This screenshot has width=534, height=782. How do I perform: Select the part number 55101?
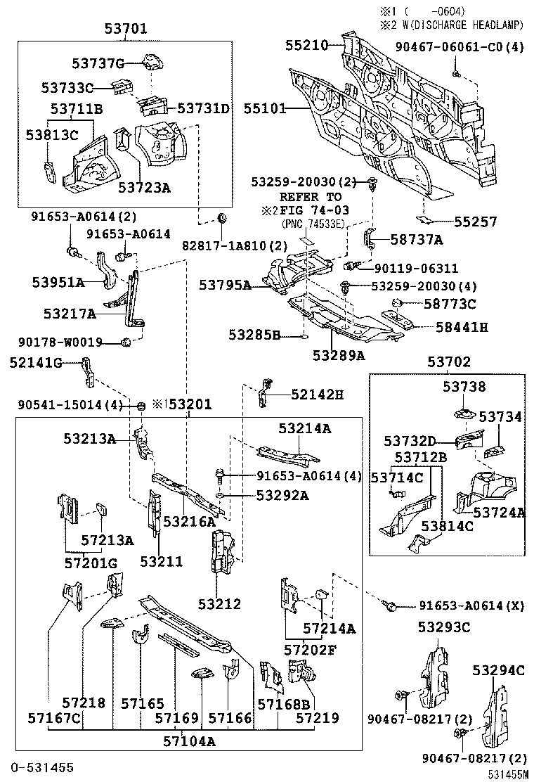[x=266, y=109]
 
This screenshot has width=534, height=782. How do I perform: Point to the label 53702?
[x=449, y=362]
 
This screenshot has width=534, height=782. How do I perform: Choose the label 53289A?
[x=339, y=355]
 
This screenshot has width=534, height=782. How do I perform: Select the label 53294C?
[x=499, y=670]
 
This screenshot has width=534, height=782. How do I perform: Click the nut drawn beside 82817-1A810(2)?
[x=222, y=218]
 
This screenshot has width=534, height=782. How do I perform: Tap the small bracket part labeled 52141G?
[x=86, y=372]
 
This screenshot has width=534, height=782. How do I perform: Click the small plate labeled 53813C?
[x=49, y=171]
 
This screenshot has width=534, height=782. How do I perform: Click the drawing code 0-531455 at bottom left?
[x=41, y=766]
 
